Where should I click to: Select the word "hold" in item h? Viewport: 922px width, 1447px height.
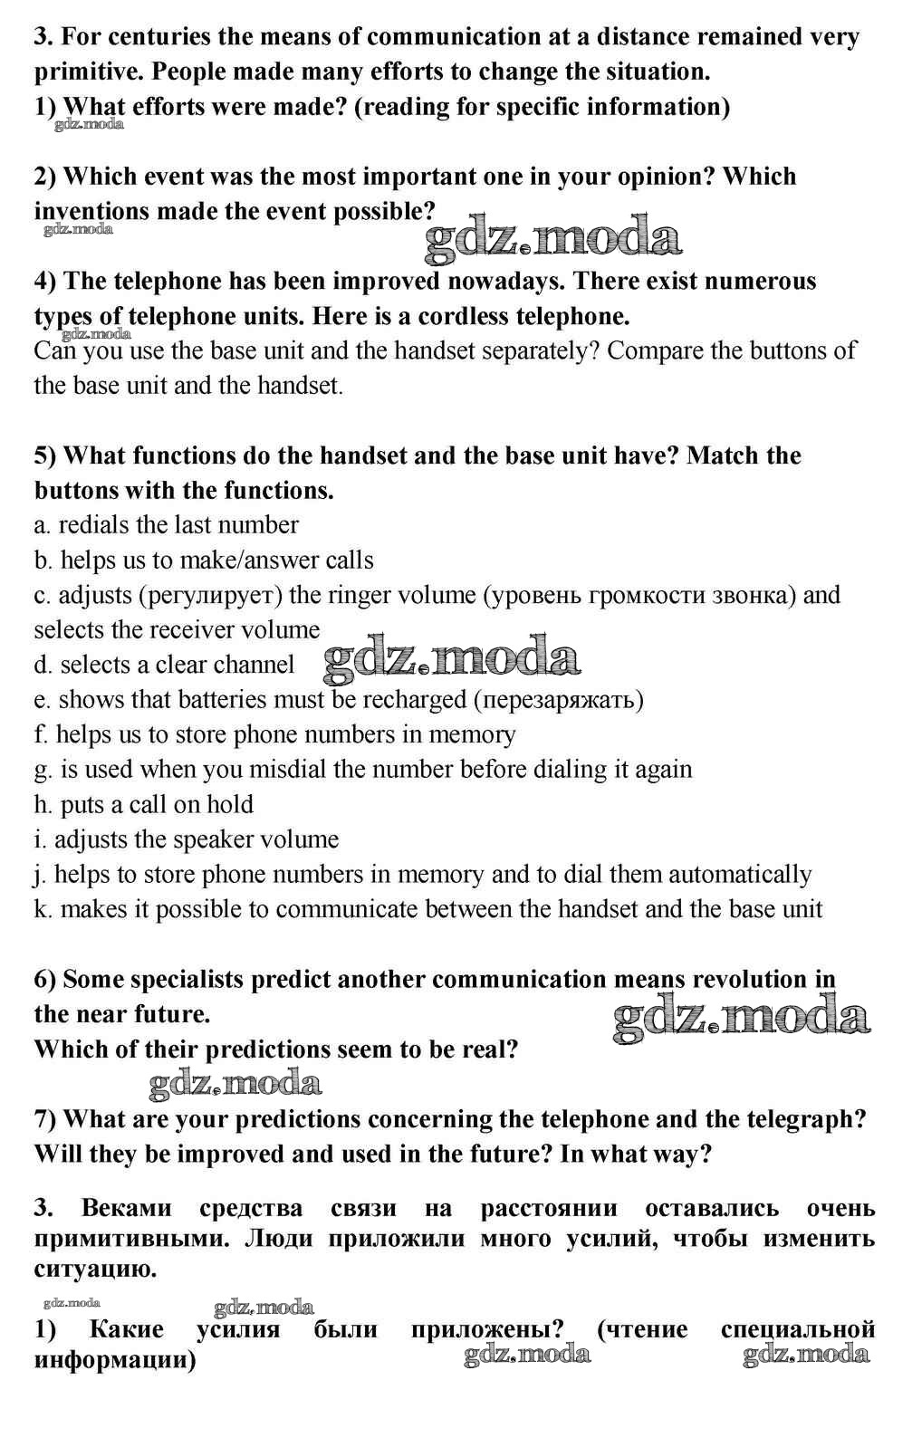[230, 805]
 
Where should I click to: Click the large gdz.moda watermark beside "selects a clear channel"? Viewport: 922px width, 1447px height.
[451, 659]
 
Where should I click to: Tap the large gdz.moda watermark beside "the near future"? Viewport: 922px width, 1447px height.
[741, 1017]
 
